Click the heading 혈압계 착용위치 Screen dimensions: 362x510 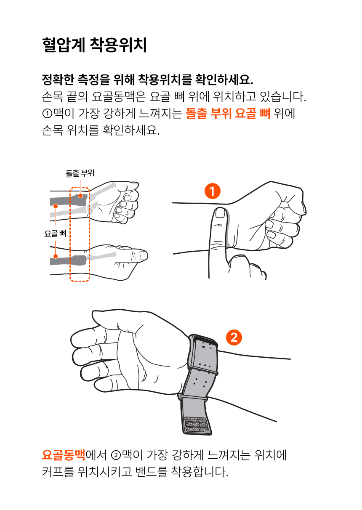click(x=94, y=45)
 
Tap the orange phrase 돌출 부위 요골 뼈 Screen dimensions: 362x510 click(x=228, y=113)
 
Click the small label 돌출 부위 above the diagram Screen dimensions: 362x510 click(x=80, y=173)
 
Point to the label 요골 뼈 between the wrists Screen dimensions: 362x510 click(x=56, y=234)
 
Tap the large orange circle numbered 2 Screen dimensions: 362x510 click(x=234, y=337)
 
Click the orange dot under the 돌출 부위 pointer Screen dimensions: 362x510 click(x=80, y=196)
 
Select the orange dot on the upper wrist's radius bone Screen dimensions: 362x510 click(x=56, y=206)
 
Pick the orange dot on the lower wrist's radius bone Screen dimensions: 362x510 click(x=56, y=256)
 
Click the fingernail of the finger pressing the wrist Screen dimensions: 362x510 click(x=220, y=213)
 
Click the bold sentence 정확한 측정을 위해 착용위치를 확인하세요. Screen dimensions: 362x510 click(x=148, y=80)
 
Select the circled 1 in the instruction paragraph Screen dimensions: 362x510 click(x=47, y=113)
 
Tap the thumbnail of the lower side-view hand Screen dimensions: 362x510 click(x=143, y=255)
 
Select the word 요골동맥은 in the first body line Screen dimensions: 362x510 click(x=118, y=96)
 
